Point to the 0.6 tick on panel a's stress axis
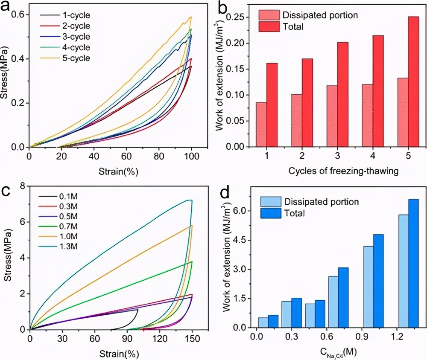tap(20, 15)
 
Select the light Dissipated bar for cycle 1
tap(261, 125)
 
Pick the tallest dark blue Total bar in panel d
tap(413, 263)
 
